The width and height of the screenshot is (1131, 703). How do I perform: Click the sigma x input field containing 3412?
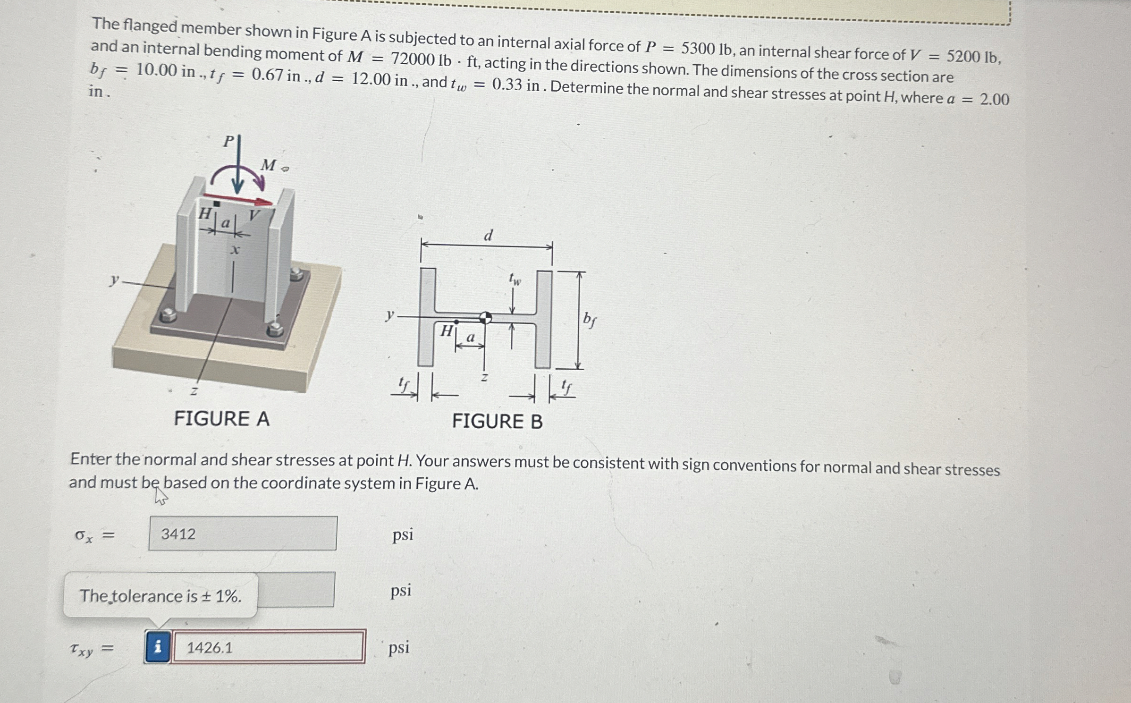[243, 534]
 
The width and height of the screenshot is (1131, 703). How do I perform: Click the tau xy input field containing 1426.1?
[268, 647]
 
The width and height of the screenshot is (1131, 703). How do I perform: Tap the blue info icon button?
[158, 646]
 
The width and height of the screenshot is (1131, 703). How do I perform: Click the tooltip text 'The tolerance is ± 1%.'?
[160, 596]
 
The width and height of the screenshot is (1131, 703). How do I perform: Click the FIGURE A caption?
[221, 419]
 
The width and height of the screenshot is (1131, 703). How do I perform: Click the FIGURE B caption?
[497, 421]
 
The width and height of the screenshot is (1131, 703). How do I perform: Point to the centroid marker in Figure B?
[485, 318]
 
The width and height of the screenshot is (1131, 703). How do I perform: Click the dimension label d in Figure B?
[488, 235]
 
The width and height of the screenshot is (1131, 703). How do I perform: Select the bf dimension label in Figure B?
[589, 320]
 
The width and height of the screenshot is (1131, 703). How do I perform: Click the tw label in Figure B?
[515, 279]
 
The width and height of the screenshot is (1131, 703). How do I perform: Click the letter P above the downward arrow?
[228, 141]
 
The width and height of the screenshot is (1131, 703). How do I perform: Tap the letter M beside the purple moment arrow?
[269, 165]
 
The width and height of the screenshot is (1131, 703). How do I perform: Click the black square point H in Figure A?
[217, 203]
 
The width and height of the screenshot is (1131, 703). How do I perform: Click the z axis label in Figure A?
[194, 391]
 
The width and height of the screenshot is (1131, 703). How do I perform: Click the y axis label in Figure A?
[113, 280]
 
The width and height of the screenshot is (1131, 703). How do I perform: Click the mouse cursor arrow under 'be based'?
[160, 496]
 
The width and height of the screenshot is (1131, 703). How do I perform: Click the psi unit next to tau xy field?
[399, 647]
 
